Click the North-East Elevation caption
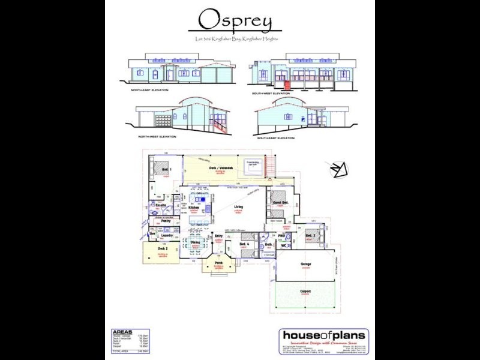(150, 89)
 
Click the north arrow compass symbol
(340, 170)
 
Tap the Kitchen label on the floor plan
(194, 207)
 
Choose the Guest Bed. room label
(281, 203)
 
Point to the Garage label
(305, 265)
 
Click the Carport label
(305, 291)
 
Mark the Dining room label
(195, 242)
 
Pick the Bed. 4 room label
(244, 245)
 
